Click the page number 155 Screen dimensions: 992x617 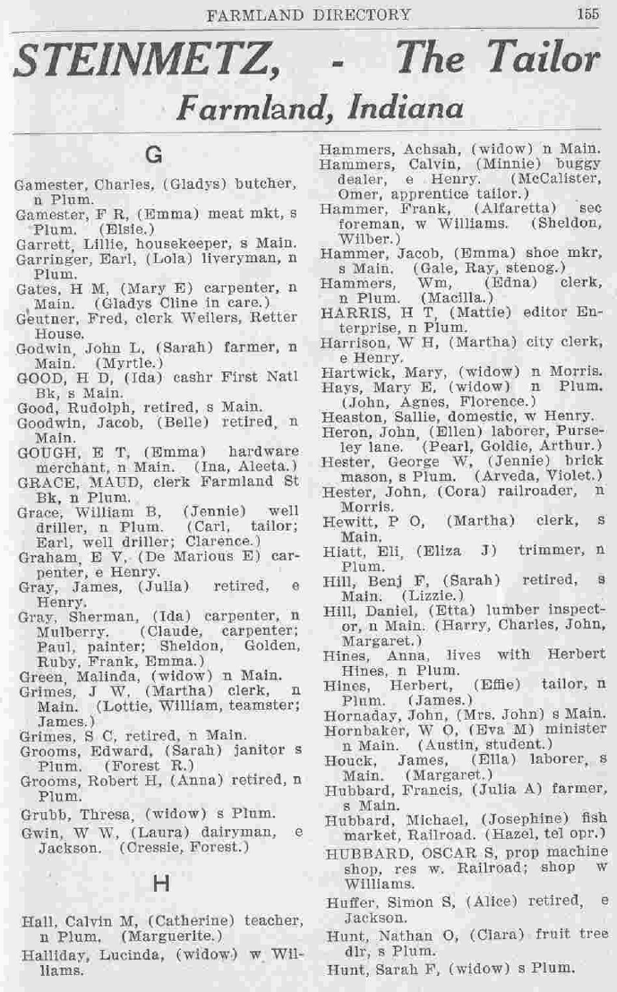pyautogui.click(x=587, y=13)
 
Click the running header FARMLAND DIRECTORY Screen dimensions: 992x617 pyautogui.click(x=308, y=14)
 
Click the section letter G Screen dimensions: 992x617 pyautogui.click(x=153, y=155)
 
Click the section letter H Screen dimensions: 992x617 pyautogui.click(x=161, y=884)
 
